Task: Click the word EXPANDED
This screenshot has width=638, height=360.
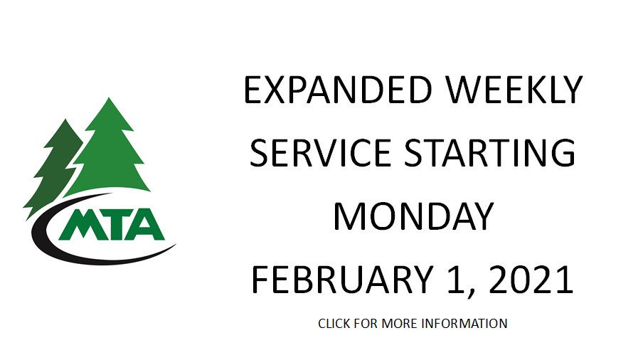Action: tap(338, 90)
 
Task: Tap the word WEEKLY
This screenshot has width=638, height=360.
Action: tap(514, 90)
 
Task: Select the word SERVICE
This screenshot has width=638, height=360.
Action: tap(321, 152)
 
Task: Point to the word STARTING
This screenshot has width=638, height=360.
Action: tap(490, 152)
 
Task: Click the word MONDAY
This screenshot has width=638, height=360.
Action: tap(413, 216)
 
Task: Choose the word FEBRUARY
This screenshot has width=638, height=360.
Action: tap(342, 280)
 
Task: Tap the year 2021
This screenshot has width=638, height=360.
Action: tap(531, 280)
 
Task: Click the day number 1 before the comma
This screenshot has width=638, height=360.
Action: tap(455, 280)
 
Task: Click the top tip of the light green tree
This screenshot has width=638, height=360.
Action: tap(109, 97)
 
